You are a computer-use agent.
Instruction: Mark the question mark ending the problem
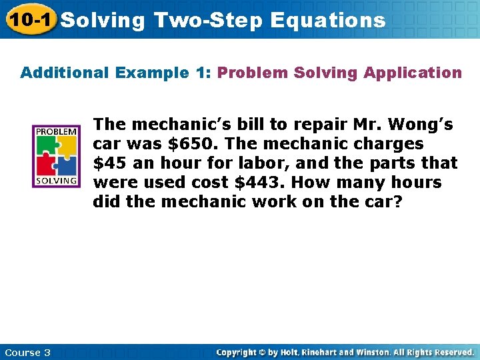pos(398,202)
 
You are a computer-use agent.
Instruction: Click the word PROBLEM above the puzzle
pos(56,131)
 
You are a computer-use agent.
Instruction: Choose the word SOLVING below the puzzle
pos(56,181)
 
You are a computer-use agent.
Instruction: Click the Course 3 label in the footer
pos(27,352)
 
